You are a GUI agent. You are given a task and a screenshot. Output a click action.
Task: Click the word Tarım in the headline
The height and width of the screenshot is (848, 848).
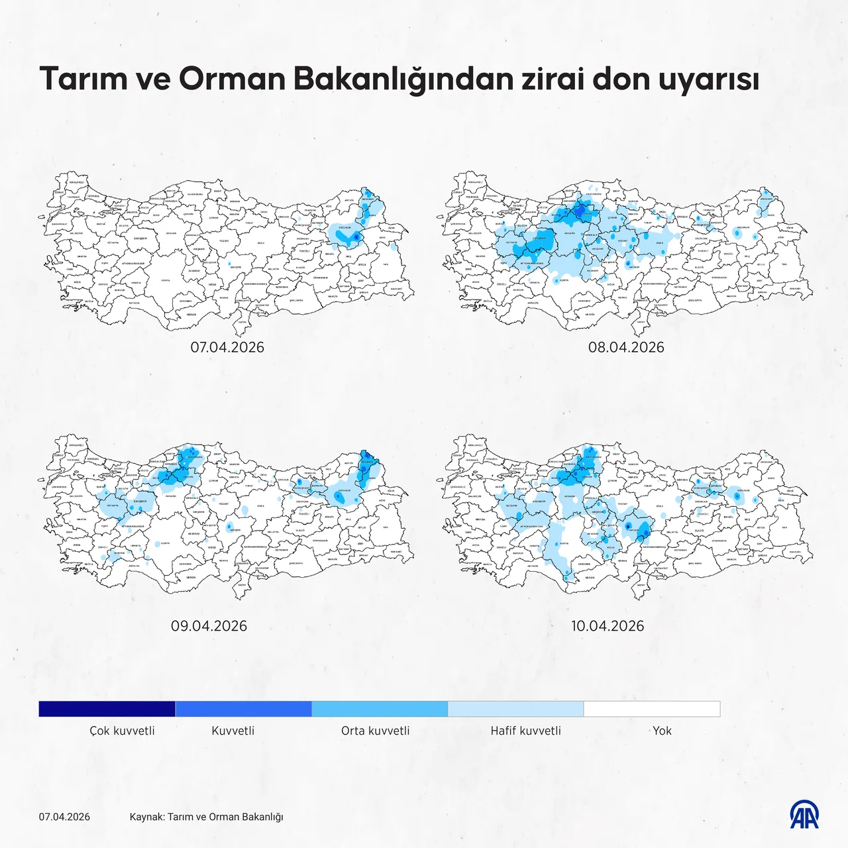coord(83,78)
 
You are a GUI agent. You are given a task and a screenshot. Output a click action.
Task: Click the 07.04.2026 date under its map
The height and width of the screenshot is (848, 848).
coord(227,347)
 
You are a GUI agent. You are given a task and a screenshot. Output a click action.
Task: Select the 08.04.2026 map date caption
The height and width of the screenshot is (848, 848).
coord(626,347)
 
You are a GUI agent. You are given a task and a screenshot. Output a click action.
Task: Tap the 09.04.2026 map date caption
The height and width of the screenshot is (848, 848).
coord(209,626)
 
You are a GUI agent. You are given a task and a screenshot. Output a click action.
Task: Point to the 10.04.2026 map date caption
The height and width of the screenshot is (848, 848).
coord(608,626)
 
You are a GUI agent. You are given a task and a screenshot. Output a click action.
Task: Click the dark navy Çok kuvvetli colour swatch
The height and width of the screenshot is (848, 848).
coord(107,709)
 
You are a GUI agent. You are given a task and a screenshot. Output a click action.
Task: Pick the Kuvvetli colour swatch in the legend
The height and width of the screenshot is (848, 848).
coord(243,709)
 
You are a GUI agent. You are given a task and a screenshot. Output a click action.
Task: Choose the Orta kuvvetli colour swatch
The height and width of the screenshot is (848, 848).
coord(380,709)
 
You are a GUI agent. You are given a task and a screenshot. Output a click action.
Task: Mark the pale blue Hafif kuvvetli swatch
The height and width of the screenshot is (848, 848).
coord(515,709)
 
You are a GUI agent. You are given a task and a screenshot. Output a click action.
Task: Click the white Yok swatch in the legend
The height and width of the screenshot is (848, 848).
coord(652,709)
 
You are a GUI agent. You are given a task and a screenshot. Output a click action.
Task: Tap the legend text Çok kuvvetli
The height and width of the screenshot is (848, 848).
coord(123,731)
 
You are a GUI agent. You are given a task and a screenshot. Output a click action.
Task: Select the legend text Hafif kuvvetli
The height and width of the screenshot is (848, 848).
coord(525,731)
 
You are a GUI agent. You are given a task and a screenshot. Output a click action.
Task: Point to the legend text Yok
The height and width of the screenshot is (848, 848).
coord(662,731)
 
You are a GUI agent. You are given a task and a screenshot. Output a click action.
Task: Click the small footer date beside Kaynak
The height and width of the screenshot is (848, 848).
coord(64,817)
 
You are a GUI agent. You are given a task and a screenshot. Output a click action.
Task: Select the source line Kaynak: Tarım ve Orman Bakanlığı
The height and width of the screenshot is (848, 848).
coord(206,817)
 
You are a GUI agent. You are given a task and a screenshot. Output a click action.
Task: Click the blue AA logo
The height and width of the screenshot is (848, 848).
coord(804,814)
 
